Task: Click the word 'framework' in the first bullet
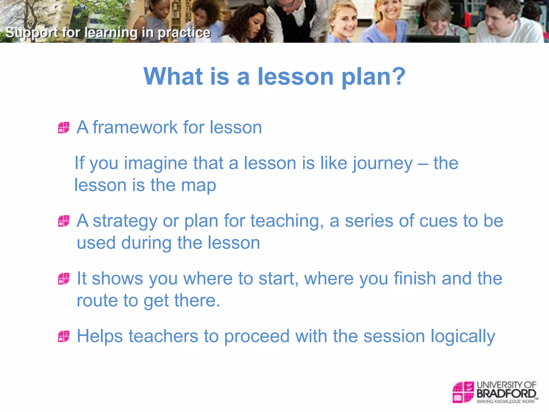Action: pyautogui.click(x=135, y=127)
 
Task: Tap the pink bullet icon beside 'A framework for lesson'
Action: pyautogui.click(x=64, y=128)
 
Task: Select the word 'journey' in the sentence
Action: pyautogui.click(x=383, y=164)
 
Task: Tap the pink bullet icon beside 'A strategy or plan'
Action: pyautogui.click(x=64, y=221)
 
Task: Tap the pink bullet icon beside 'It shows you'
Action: pyautogui.click(x=64, y=279)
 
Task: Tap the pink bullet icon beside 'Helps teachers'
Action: pyautogui.click(x=64, y=336)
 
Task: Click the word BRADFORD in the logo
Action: pyautogui.click(x=506, y=394)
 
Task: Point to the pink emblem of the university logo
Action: pyautogui.click(x=463, y=392)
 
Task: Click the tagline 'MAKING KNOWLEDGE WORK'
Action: pyautogui.click(x=506, y=402)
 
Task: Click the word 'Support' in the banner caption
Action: pyautogui.click(x=32, y=33)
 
